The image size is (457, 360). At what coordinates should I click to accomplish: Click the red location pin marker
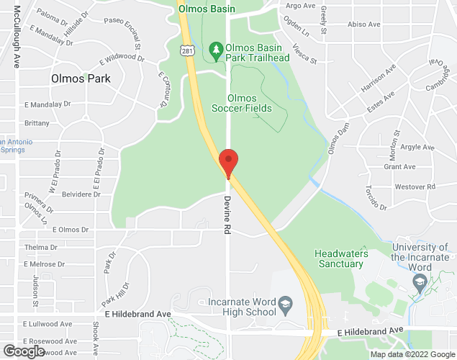(x=228, y=162)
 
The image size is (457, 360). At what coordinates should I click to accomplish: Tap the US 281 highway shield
(x=186, y=50)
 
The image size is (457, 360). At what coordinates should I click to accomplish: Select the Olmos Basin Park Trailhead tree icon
(x=215, y=49)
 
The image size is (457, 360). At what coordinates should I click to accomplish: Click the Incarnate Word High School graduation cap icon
(x=286, y=302)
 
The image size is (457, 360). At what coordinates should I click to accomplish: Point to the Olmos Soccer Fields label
(x=241, y=103)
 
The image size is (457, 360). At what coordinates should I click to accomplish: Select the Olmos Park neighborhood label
(x=81, y=78)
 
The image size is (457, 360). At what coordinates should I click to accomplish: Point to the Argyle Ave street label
(x=418, y=147)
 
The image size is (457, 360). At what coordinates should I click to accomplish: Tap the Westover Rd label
(x=415, y=186)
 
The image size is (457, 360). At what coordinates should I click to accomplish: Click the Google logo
(x=23, y=351)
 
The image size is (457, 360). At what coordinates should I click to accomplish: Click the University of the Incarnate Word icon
(x=420, y=284)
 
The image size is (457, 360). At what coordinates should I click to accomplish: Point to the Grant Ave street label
(x=399, y=166)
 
